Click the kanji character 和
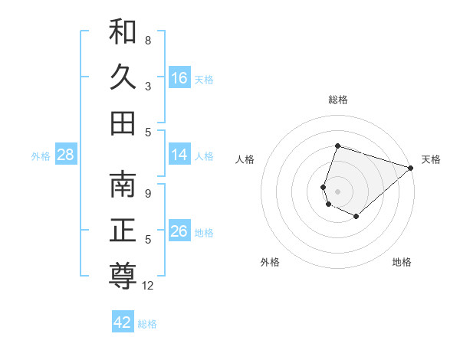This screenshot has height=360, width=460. pyautogui.click(x=123, y=33)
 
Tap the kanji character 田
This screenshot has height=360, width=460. pyautogui.click(x=123, y=123)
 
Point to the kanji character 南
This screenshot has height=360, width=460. pyautogui.click(x=123, y=185)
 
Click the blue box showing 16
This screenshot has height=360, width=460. pyautogui.click(x=179, y=77)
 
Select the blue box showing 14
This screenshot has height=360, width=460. pyautogui.click(x=179, y=155)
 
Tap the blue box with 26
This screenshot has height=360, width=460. pyautogui.click(x=179, y=231)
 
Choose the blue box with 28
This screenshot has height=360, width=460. pyautogui.click(x=66, y=155)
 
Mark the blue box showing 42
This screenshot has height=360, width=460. pyautogui.click(x=123, y=322)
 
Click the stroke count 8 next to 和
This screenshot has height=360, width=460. pyautogui.click(x=148, y=40)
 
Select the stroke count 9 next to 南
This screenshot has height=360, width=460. pyautogui.click(x=148, y=194)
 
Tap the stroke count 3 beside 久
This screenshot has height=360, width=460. pyautogui.click(x=148, y=87)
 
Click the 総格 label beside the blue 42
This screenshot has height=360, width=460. pyautogui.click(x=148, y=324)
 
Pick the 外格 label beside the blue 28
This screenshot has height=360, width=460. pyautogui.click(x=41, y=156)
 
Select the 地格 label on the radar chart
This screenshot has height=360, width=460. pyautogui.click(x=402, y=263)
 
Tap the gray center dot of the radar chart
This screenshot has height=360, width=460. pyautogui.click(x=337, y=191)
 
